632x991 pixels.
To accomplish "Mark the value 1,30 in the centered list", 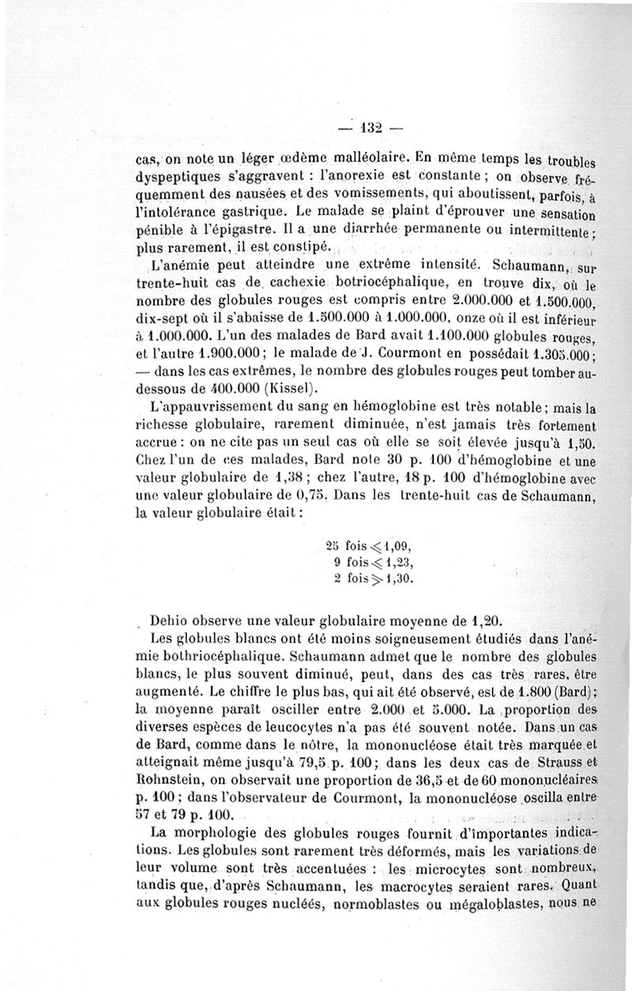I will (393, 578).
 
